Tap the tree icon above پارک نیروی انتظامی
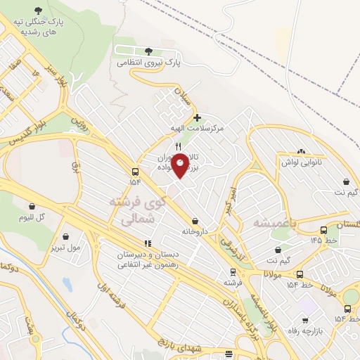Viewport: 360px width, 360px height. tap(148, 51)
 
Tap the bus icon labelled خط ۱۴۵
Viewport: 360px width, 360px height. tap(323, 230)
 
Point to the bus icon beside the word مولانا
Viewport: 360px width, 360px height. tap(300, 274)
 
